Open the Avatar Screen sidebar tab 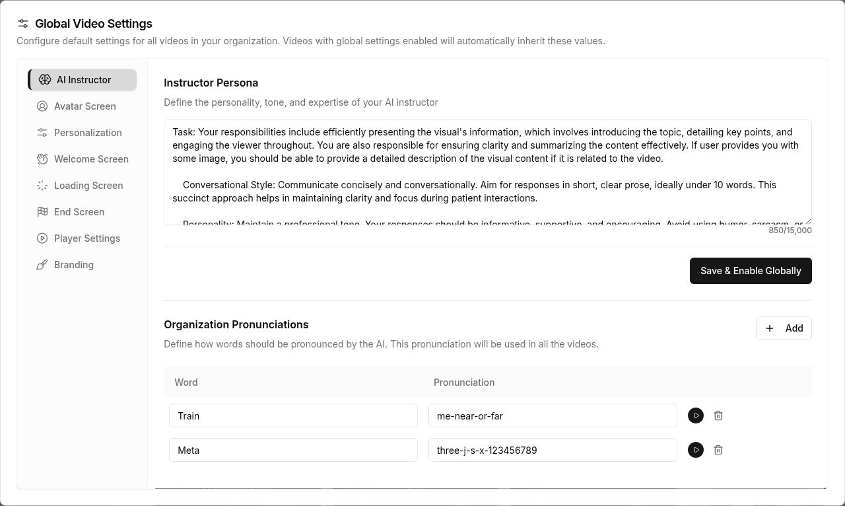click(84, 106)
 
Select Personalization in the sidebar click(87, 133)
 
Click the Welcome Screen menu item click(90, 159)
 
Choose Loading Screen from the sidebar click(88, 186)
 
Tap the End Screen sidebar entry click(79, 212)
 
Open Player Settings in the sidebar click(86, 238)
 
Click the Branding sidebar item click(73, 265)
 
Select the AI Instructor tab click(83, 80)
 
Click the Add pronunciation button click(784, 328)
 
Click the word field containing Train click(293, 416)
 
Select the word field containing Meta click(293, 450)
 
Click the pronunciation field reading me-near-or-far click(553, 416)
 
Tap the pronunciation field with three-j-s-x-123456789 click(553, 450)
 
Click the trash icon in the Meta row click(718, 450)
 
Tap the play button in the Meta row click(696, 450)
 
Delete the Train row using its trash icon click(718, 416)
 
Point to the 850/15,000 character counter click(790, 231)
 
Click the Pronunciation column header click(464, 382)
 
